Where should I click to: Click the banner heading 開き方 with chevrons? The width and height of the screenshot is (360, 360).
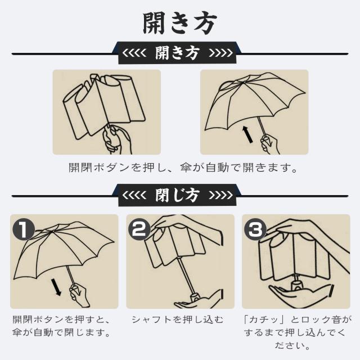(x=178, y=53)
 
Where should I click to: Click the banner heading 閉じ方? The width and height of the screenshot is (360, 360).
(x=178, y=195)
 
